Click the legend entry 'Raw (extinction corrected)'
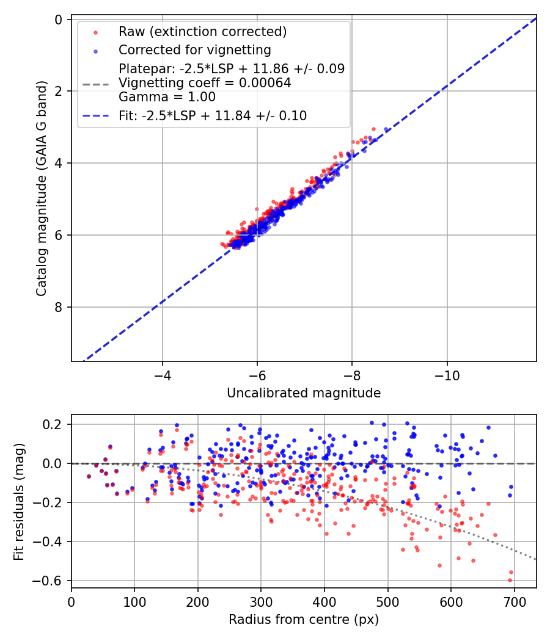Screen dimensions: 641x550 [x=203, y=32]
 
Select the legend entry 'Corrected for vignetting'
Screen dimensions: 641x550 [x=194, y=49]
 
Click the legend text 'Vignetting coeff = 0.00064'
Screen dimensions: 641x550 [x=205, y=82]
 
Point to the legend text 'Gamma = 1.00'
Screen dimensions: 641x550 [x=167, y=96]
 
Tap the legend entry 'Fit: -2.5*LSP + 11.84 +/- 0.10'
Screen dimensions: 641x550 [x=213, y=115]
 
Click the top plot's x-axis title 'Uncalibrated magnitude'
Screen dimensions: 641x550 [x=304, y=393]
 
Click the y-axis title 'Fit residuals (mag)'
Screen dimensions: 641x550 [x=19, y=501]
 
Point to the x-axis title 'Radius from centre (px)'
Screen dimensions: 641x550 [x=304, y=620]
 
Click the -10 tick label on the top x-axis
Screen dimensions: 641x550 [x=447, y=374]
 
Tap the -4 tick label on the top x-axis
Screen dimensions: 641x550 [x=162, y=374]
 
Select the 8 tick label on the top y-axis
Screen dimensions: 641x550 [x=59, y=307]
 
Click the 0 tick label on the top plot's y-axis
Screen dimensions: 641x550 [x=59, y=20]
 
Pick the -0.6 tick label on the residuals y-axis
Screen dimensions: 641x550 [x=51, y=581]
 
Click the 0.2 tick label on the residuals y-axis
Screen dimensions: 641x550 [x=54, y=424]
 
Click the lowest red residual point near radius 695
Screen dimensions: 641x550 [x=510, y=580]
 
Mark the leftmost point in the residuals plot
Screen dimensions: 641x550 [x=89, y=476]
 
